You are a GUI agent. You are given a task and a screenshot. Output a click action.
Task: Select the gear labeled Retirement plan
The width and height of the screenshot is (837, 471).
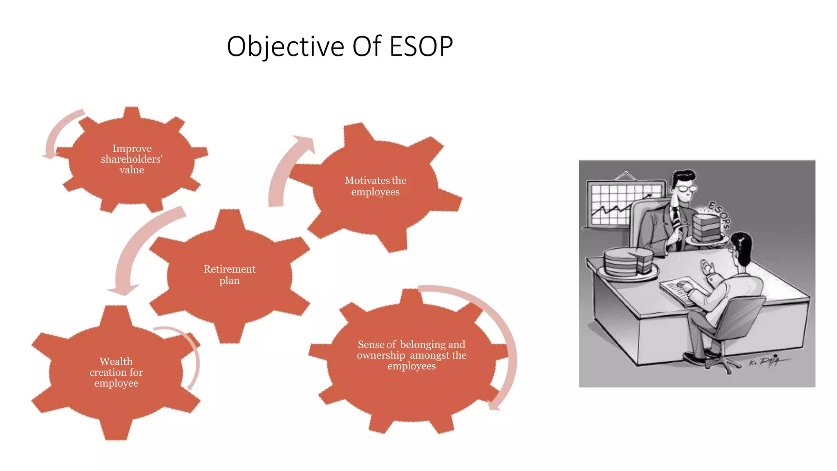click(229, 275)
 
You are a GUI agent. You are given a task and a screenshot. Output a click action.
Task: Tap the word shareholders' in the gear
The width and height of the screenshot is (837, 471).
click(132, 159)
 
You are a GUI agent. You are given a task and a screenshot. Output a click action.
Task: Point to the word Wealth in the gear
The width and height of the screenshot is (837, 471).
click(116, 361)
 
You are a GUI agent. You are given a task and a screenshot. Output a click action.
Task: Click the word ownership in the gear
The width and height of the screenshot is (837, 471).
click(380, 355)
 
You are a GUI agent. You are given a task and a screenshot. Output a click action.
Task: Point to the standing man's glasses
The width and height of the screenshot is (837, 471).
click(687, 188)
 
